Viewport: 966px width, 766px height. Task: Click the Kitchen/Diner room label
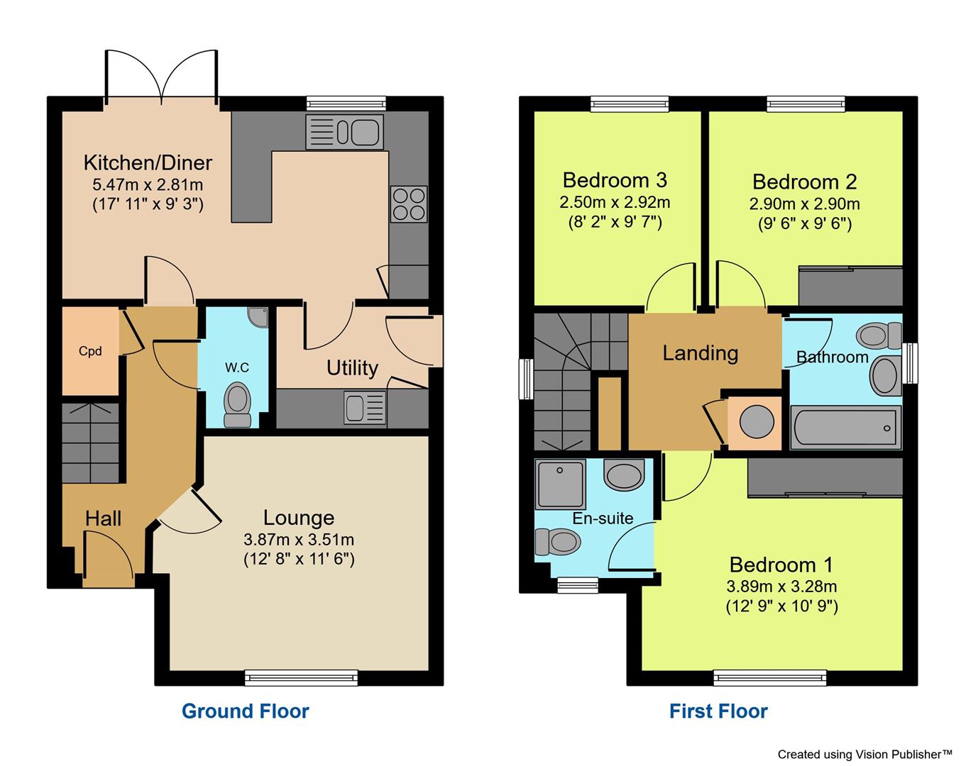148,162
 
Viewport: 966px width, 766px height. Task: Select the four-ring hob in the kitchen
409,204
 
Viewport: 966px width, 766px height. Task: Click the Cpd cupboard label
90,351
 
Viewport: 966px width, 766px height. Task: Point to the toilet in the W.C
237,404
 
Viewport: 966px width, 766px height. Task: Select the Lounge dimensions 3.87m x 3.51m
298,540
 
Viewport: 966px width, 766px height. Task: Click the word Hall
103,518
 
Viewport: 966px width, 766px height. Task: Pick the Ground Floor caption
246,711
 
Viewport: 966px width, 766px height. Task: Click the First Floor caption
718,711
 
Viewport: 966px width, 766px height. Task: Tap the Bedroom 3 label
615,180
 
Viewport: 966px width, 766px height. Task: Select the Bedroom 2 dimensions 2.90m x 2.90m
804,204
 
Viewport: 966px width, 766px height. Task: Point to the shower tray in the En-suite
561,484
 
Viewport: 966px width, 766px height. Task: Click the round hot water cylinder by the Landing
757,422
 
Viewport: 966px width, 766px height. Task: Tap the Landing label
700,353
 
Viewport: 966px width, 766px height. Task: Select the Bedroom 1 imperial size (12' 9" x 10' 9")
781,606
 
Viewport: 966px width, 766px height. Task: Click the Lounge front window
301,677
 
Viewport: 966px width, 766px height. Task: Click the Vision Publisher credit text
865,754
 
